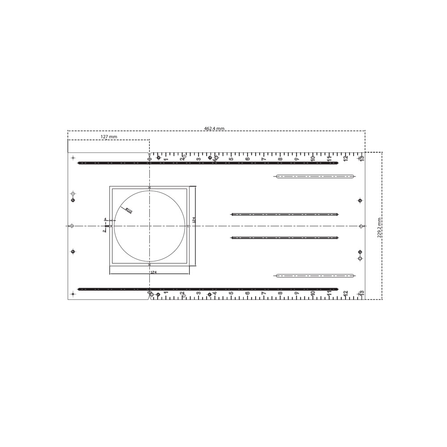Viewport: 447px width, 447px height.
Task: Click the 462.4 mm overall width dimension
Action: point(214,129)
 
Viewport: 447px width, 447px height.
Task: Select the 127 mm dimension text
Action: point(109,137)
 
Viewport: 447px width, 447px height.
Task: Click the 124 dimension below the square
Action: point(153,272)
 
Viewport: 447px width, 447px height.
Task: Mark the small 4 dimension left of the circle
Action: point(105,219)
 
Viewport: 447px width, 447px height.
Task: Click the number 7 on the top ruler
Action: point(264,159)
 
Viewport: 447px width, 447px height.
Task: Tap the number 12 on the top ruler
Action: point(346,158)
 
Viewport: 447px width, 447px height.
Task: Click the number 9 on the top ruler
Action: point(296,159)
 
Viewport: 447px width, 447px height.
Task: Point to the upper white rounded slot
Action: point(315,176)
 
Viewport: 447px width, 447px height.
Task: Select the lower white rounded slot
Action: point(315,276)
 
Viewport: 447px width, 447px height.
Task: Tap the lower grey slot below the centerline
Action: point(284,237)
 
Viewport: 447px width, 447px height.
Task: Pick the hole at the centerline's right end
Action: point(361,226)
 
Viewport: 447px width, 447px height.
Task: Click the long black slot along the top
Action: point(208,163)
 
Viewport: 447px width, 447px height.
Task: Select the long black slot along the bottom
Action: point(208,289)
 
